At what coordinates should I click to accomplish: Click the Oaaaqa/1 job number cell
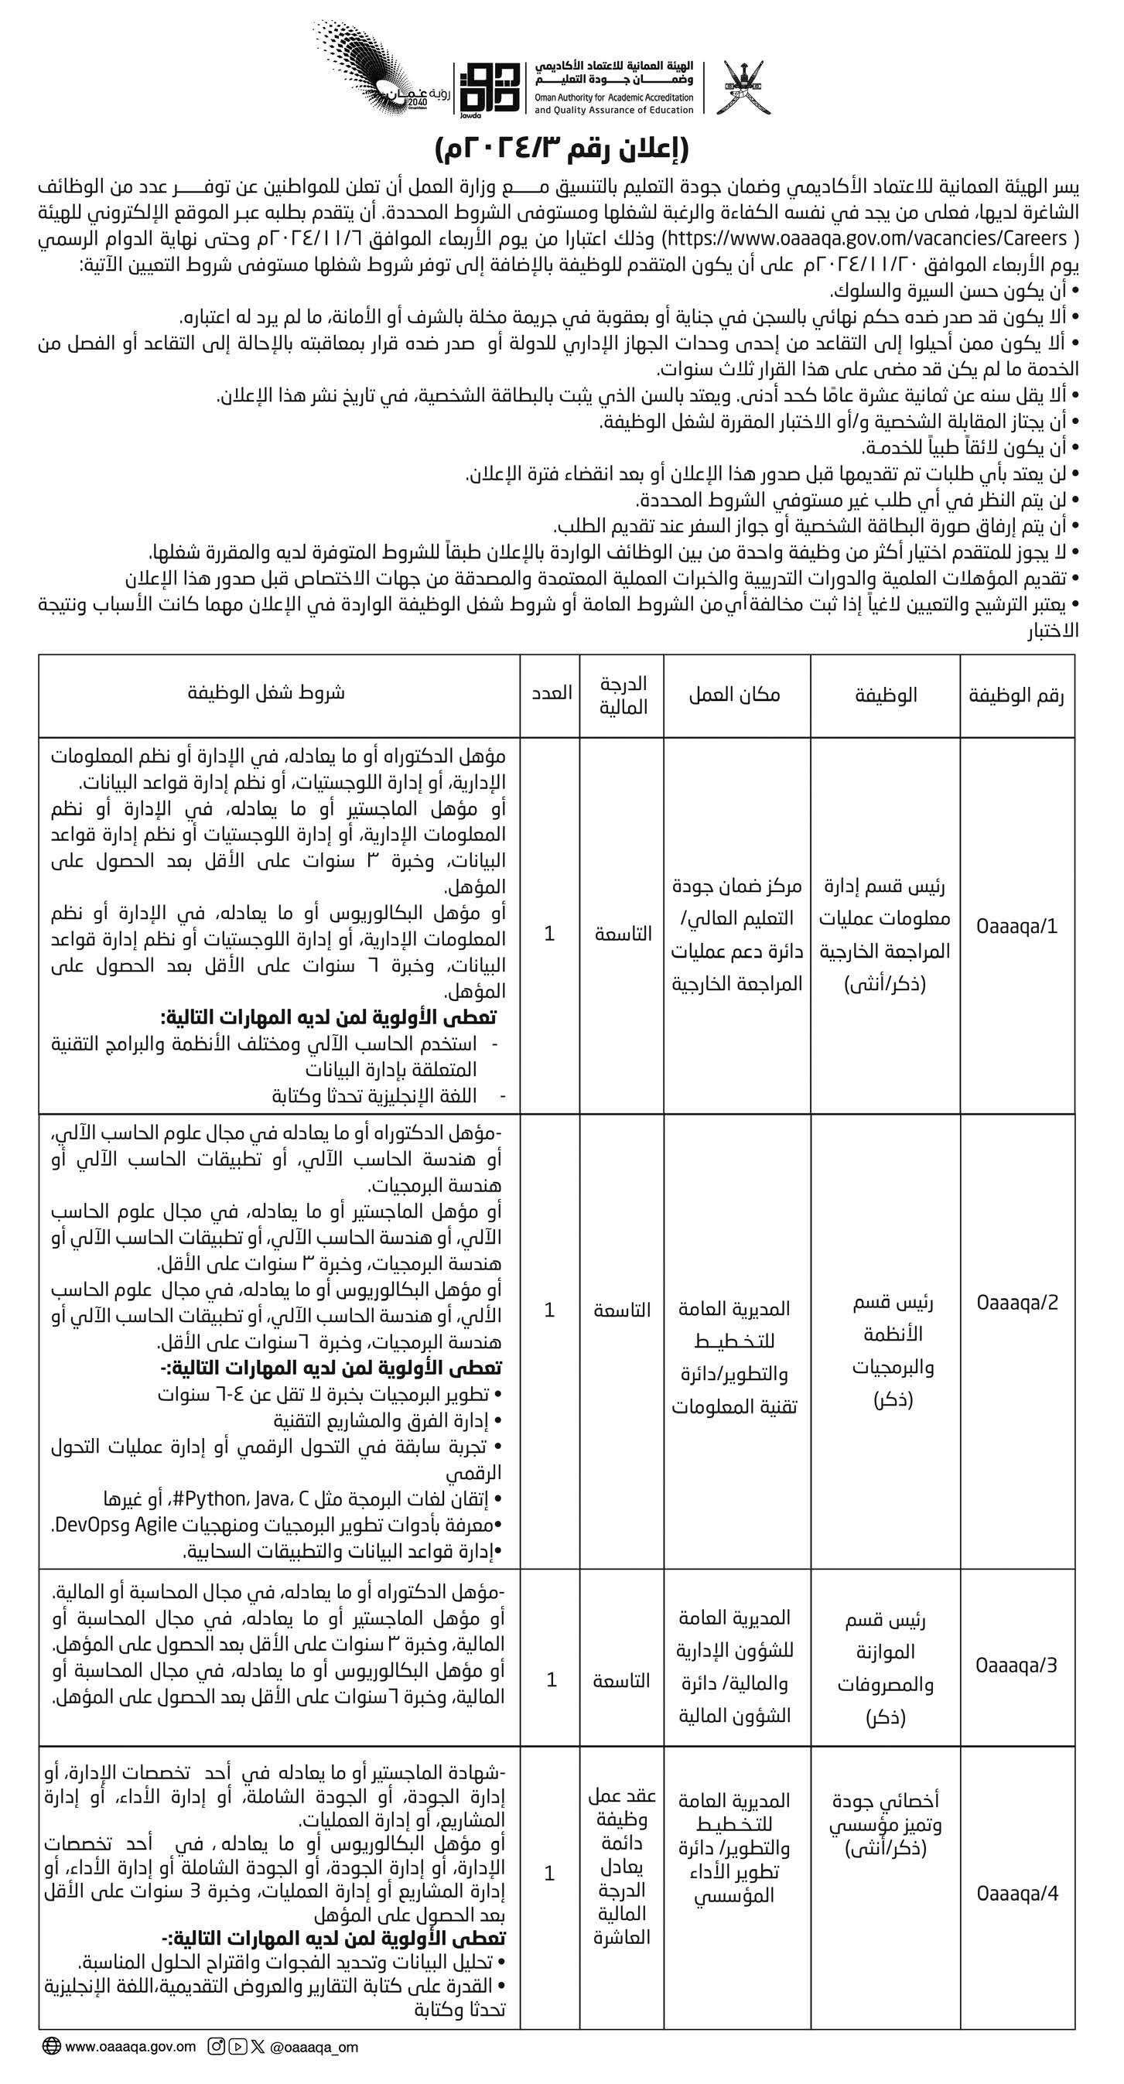coord(1017,925)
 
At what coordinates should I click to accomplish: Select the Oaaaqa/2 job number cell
coord(1017,1303)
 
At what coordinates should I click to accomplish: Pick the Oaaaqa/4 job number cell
coord(1017,1893)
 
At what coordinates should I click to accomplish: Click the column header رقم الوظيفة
coord(1017,695)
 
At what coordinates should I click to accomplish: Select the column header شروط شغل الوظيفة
coord(266,693)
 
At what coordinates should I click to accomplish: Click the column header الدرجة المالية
coord(622,695)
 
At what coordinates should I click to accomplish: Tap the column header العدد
coord(551,693)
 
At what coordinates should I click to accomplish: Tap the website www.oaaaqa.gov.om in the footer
coord(130,2046)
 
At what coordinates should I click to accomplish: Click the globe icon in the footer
coord(52,2046)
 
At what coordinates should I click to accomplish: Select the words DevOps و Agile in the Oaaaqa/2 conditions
coord(122,1524)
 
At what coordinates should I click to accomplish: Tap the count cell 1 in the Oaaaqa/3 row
coord(551,1681)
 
